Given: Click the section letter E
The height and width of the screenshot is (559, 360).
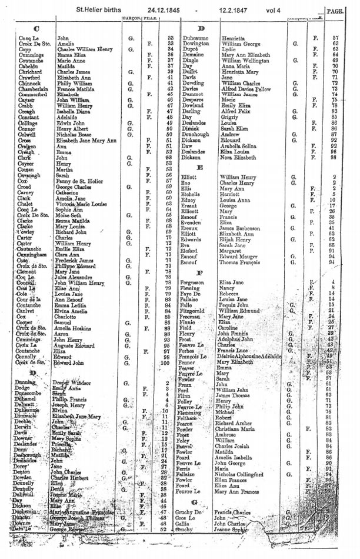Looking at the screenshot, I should click(x=201, y=168).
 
